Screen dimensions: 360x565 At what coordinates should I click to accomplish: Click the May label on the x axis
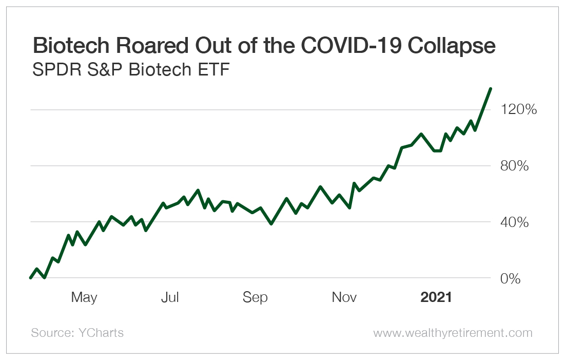pos(84,297)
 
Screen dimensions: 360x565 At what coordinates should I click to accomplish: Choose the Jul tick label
pos(170,297)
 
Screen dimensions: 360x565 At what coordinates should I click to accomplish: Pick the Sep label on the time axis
pos(255,297)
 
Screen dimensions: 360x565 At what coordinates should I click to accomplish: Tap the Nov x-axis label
pos(344,297)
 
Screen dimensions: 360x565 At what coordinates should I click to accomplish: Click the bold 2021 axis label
pos(436,297)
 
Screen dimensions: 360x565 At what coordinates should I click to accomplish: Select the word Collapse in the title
pos(453,46)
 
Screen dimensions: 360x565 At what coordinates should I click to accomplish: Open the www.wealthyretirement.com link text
pos(453,333)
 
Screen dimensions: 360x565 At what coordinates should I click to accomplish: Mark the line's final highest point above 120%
pos(491,89)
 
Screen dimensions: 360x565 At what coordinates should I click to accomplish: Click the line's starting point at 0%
pos(31,278)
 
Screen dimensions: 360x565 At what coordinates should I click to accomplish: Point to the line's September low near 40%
pos(271,223)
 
